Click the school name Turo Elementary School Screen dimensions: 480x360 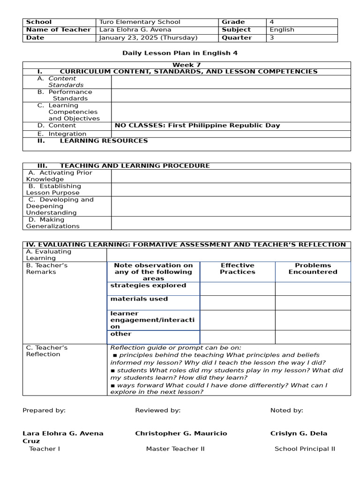tap(140, 22)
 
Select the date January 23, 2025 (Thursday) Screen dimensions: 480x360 tap(148, 38)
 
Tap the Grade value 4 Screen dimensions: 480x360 tap(272, 22)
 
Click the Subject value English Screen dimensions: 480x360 tap(282, 30)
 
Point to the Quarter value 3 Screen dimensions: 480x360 tap(272, 38)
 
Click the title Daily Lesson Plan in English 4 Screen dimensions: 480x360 tap(180, 53)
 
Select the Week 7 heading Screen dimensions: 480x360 tap(187, 65)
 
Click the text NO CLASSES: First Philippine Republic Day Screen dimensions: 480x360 tap(197, 126)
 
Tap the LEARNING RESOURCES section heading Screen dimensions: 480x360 tap(104, 141)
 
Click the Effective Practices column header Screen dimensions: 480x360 tap(238, 269)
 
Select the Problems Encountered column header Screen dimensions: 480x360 tap(313, 269)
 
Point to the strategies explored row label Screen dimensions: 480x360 tap(148, 285)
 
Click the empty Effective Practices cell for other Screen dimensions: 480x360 tap(237, 337)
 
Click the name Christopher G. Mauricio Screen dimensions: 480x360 tap(181, 434)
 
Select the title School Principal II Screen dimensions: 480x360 tap(305, 449)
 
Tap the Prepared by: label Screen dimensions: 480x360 tap(44, 411)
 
